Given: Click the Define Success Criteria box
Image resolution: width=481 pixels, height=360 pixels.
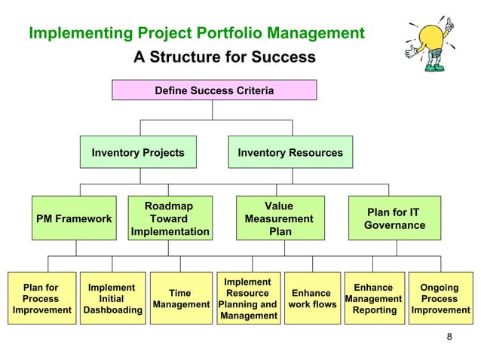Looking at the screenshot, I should [x=214, y=90].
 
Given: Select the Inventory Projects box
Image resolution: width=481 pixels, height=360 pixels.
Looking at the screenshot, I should [x=138, y=153].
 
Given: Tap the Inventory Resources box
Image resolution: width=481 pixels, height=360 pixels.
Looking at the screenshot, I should [x=290, y=153].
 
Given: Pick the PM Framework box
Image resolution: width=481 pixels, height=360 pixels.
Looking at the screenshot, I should [x=74, y=218].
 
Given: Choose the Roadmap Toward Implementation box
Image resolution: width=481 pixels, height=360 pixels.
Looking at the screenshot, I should [x=170, y=218].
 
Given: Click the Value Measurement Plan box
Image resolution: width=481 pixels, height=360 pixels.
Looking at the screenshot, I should [x=279, y=218].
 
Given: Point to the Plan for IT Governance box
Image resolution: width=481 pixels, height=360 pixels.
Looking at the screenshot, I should [x=394, y=218].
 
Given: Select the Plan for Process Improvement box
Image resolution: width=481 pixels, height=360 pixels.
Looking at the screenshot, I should [x=41, y=298].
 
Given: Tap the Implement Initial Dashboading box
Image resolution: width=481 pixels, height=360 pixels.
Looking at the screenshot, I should [x=112, y=298].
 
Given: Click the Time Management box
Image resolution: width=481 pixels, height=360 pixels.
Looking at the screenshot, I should [x=180, y=298].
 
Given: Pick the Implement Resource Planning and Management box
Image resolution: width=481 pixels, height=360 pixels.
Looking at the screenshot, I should [x=247, y=298].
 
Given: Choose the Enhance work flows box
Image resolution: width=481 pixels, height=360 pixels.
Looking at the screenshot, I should [x=311, y=298].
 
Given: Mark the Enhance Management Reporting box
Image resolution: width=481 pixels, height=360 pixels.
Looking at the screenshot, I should [x=374, y=298].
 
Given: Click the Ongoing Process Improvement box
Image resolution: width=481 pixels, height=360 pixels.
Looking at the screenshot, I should [x=440, y=298].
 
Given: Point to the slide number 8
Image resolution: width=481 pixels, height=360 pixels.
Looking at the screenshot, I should [x=450, y=337].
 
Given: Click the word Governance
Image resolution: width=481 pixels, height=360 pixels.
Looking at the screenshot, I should [x=394, y=225].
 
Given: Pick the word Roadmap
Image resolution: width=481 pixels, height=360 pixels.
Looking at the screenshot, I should [x=169, y=206].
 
